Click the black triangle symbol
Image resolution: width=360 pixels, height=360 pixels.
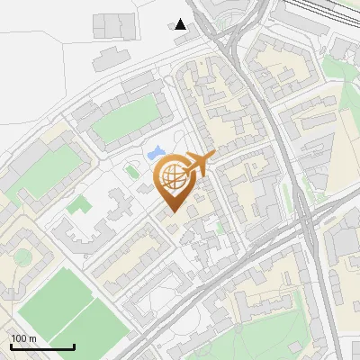click(182, 24)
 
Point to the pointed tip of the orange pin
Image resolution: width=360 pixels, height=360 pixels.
click(173, 213)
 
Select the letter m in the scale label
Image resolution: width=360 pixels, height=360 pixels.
click(32, 338)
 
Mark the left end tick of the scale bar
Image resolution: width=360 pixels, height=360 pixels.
click(10, 346)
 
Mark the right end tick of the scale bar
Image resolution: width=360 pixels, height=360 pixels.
click(74, 346)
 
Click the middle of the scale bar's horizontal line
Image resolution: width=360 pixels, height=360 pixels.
click(41, 347)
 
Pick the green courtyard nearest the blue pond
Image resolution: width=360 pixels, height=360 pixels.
click(125, 122)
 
